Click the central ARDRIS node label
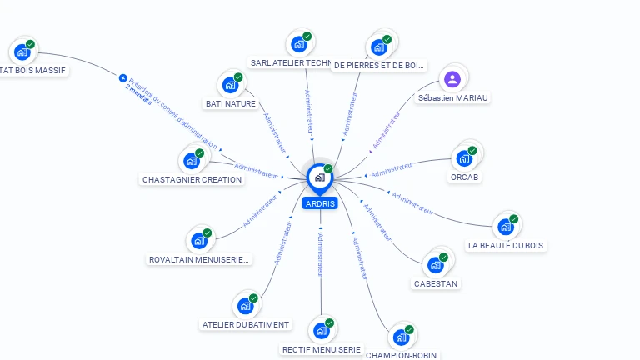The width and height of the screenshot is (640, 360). pos(320,203)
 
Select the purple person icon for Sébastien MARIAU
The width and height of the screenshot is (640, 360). pos(452,79)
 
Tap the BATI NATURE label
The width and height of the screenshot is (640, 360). pos(230,103)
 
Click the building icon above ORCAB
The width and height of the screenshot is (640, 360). pos(464,157)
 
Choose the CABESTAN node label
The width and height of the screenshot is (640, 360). pos(436,283)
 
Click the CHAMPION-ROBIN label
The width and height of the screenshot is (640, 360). pos(401,354)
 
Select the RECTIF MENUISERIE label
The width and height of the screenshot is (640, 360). pos(322,349)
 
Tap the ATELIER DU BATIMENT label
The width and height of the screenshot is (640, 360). pos(246,324)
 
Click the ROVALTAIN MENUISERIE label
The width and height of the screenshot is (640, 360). pos(198,259)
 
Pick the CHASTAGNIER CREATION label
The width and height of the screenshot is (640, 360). pos(192,179)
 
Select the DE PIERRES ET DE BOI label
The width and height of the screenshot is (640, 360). pos(379,64)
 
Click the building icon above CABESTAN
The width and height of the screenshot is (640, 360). pos(436,265)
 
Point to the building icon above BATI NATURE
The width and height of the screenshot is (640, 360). pos(229,85)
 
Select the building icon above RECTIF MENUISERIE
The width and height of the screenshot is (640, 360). pos(321,331)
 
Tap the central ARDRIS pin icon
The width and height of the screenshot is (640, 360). pos(319,177)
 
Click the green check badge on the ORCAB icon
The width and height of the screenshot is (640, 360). pos(472,151)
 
